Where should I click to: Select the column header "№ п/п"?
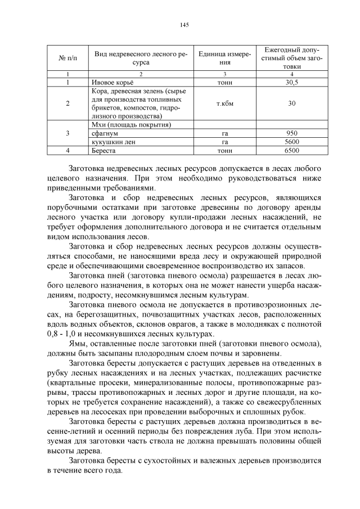(67, 58)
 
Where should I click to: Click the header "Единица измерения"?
(224, 58)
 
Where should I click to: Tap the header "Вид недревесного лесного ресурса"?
(141, 58)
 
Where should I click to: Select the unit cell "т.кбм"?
(224, 103)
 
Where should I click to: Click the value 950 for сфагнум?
(291, 133)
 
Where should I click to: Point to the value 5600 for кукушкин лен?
(291, 142)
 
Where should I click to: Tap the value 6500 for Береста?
(291, 150)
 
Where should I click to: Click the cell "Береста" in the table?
(103, 150)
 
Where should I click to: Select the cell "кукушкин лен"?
(113, 142)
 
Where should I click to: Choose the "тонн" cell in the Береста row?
(224, 150)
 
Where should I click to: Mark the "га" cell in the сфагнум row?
(224, 133)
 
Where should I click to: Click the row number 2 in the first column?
(67, 103)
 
